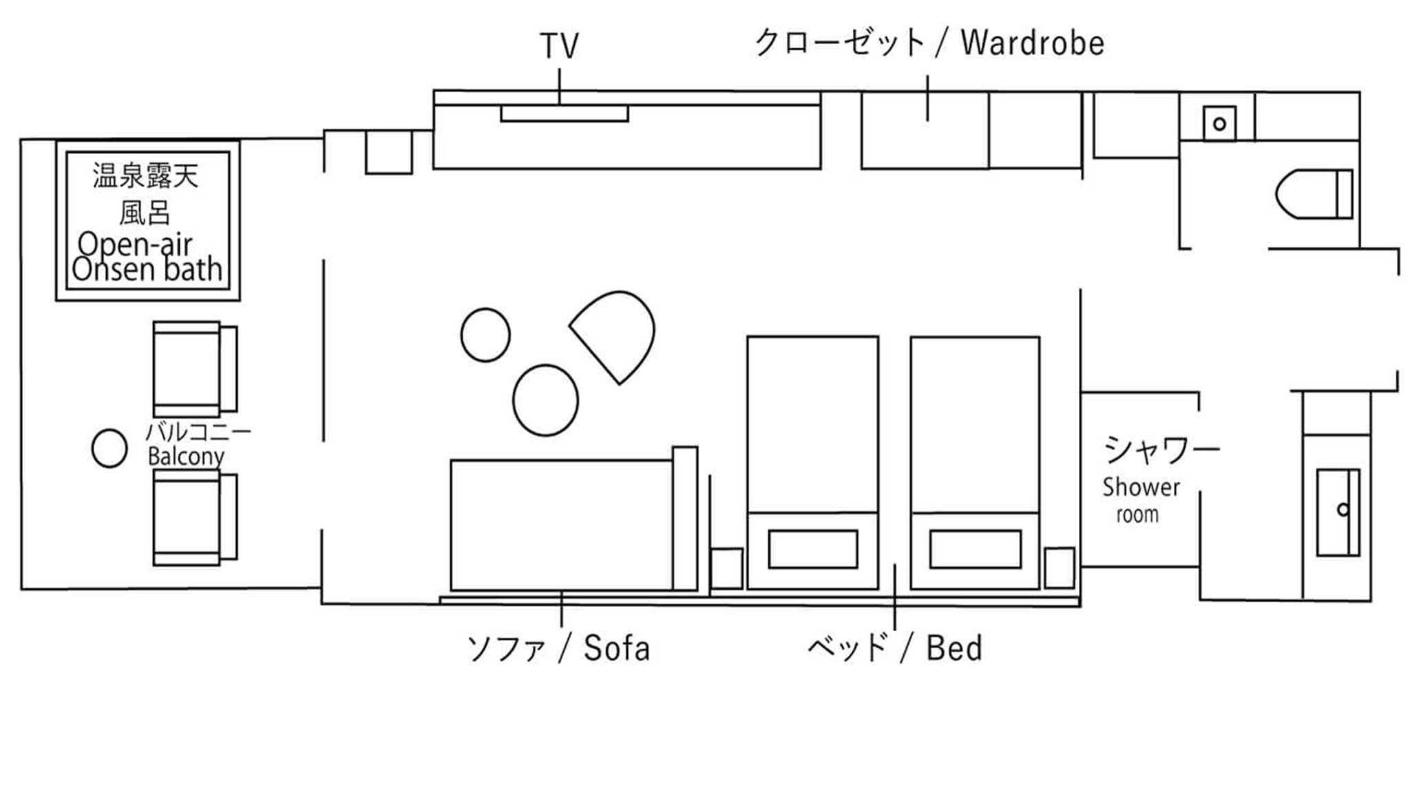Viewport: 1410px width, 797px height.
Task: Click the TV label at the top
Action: coord(559,46)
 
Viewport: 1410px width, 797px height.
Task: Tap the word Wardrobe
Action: coord(1033,43)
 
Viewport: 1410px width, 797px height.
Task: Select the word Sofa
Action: coord(617,648)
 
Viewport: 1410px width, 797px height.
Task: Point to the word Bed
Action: coord(954,648)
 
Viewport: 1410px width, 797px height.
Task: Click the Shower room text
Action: coord(1141,500)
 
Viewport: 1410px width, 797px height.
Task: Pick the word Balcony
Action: coord(186,456)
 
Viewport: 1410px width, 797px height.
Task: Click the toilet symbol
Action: coord(1314,194)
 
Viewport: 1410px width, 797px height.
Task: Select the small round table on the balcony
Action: coord(109,449)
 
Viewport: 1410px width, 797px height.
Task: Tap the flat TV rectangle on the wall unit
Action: coord(565,114)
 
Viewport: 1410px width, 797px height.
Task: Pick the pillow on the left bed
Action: coord(813,549)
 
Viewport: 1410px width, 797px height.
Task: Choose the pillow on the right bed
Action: coord(976,549)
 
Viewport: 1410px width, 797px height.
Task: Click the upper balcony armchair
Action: coord(196,370)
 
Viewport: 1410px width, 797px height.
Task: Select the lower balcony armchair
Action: coord(196,518)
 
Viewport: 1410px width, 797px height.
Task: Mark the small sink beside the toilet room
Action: coord(1219,124)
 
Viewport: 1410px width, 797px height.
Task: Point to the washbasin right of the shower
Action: coord(1338,512)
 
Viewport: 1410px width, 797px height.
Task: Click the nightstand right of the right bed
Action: coord(1060,568)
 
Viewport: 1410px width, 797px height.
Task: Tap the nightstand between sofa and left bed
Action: coord(727,568)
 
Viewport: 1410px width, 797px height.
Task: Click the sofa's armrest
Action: coord(685,518)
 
